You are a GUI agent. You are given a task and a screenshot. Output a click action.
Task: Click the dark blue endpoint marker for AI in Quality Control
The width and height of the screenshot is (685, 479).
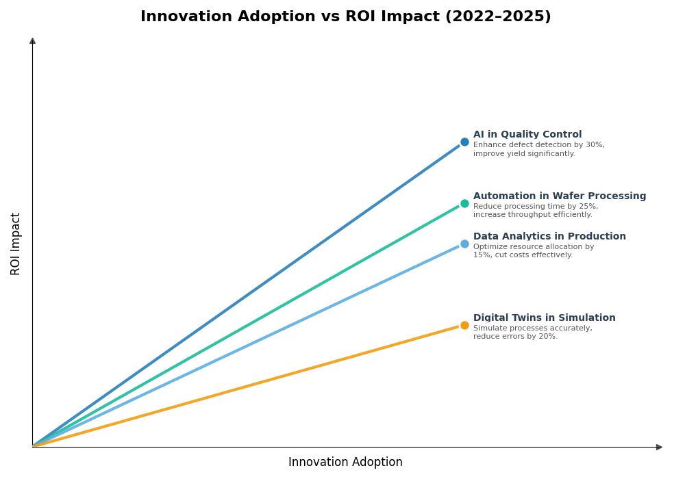(x=464, y=142)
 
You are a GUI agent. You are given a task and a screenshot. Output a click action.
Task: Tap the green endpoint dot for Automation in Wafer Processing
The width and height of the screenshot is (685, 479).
(x=464, y=203)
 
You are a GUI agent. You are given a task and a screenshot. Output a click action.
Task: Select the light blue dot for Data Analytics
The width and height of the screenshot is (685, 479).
(x=464, y=244)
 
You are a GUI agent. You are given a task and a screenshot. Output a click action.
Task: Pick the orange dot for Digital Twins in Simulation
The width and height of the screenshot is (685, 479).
(x=464, y=325)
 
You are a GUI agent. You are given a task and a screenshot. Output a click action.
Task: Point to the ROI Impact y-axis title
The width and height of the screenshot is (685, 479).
(x=16, y=244)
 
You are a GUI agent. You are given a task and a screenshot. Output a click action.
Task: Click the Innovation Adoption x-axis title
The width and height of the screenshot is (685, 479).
(x=345, y=463)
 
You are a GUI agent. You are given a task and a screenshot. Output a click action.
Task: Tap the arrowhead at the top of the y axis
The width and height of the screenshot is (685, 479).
(x=32, y=41)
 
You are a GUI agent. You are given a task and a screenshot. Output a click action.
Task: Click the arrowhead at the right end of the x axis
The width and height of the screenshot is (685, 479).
(x=659, y=447)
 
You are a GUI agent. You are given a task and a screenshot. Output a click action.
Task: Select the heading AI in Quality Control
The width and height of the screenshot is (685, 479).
(x=527, y=135)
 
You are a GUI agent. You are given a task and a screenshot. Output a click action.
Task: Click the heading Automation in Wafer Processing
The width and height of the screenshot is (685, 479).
(x=560, y=196)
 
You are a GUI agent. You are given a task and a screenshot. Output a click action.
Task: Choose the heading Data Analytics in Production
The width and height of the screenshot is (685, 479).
(x=549, y=237)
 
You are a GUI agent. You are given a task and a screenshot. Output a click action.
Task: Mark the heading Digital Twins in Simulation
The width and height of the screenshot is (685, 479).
(x=544, y=318)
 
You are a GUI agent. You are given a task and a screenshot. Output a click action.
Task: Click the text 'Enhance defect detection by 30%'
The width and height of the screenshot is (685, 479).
(x=538, y=145)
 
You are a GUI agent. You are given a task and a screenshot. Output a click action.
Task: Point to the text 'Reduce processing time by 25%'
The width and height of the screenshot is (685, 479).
(x=535, y=207)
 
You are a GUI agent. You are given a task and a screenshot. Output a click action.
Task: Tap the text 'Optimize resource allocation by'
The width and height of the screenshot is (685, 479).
(x=534, y=247)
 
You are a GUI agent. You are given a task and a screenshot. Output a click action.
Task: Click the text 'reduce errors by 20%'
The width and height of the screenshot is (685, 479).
(x=515, y=337)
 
